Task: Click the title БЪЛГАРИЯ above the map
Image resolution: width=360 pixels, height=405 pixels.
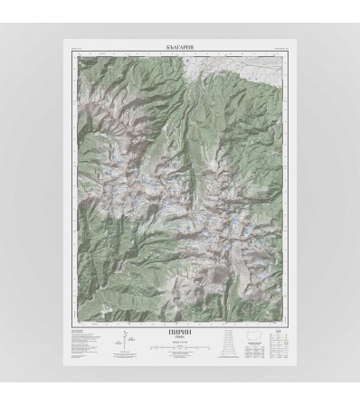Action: tap(181, 45)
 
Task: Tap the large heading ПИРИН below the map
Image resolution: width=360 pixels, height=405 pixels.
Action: tap(181, 331)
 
